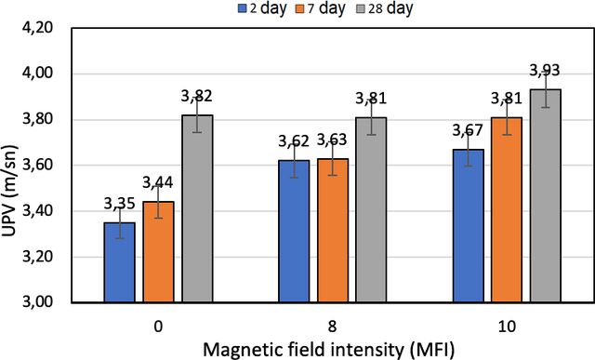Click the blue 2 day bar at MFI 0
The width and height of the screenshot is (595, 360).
coord(120,262)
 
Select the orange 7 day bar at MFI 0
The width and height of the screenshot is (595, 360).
coord(158,252)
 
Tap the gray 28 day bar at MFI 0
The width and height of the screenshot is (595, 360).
coord(197,208)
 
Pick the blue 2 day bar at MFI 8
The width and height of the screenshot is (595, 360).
coord(294,232)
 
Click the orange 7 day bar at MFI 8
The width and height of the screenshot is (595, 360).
coord(333,231)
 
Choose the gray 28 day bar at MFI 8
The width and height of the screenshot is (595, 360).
coord(371,210)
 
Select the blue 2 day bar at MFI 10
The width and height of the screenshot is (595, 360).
coord(469,226)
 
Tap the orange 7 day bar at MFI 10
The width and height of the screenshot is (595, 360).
coord(507,210)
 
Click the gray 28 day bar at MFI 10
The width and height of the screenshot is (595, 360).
coord(546,196)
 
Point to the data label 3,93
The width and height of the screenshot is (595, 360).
coord(545,71)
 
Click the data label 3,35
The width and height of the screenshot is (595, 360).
coord(120,204)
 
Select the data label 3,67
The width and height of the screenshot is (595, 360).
coord(468,130)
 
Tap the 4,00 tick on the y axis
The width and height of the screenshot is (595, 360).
coord(37,73)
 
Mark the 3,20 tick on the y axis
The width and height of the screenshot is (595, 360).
coord(37,257)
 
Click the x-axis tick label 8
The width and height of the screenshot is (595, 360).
coord(332,327)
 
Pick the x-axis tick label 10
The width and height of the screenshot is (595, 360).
coord(507,327)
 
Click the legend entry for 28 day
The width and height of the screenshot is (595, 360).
coord(385,8)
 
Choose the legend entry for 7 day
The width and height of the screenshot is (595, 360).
coord(320,8)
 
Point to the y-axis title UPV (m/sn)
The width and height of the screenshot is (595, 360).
coord(10,192)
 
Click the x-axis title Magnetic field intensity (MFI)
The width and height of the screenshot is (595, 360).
coord(328,350)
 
